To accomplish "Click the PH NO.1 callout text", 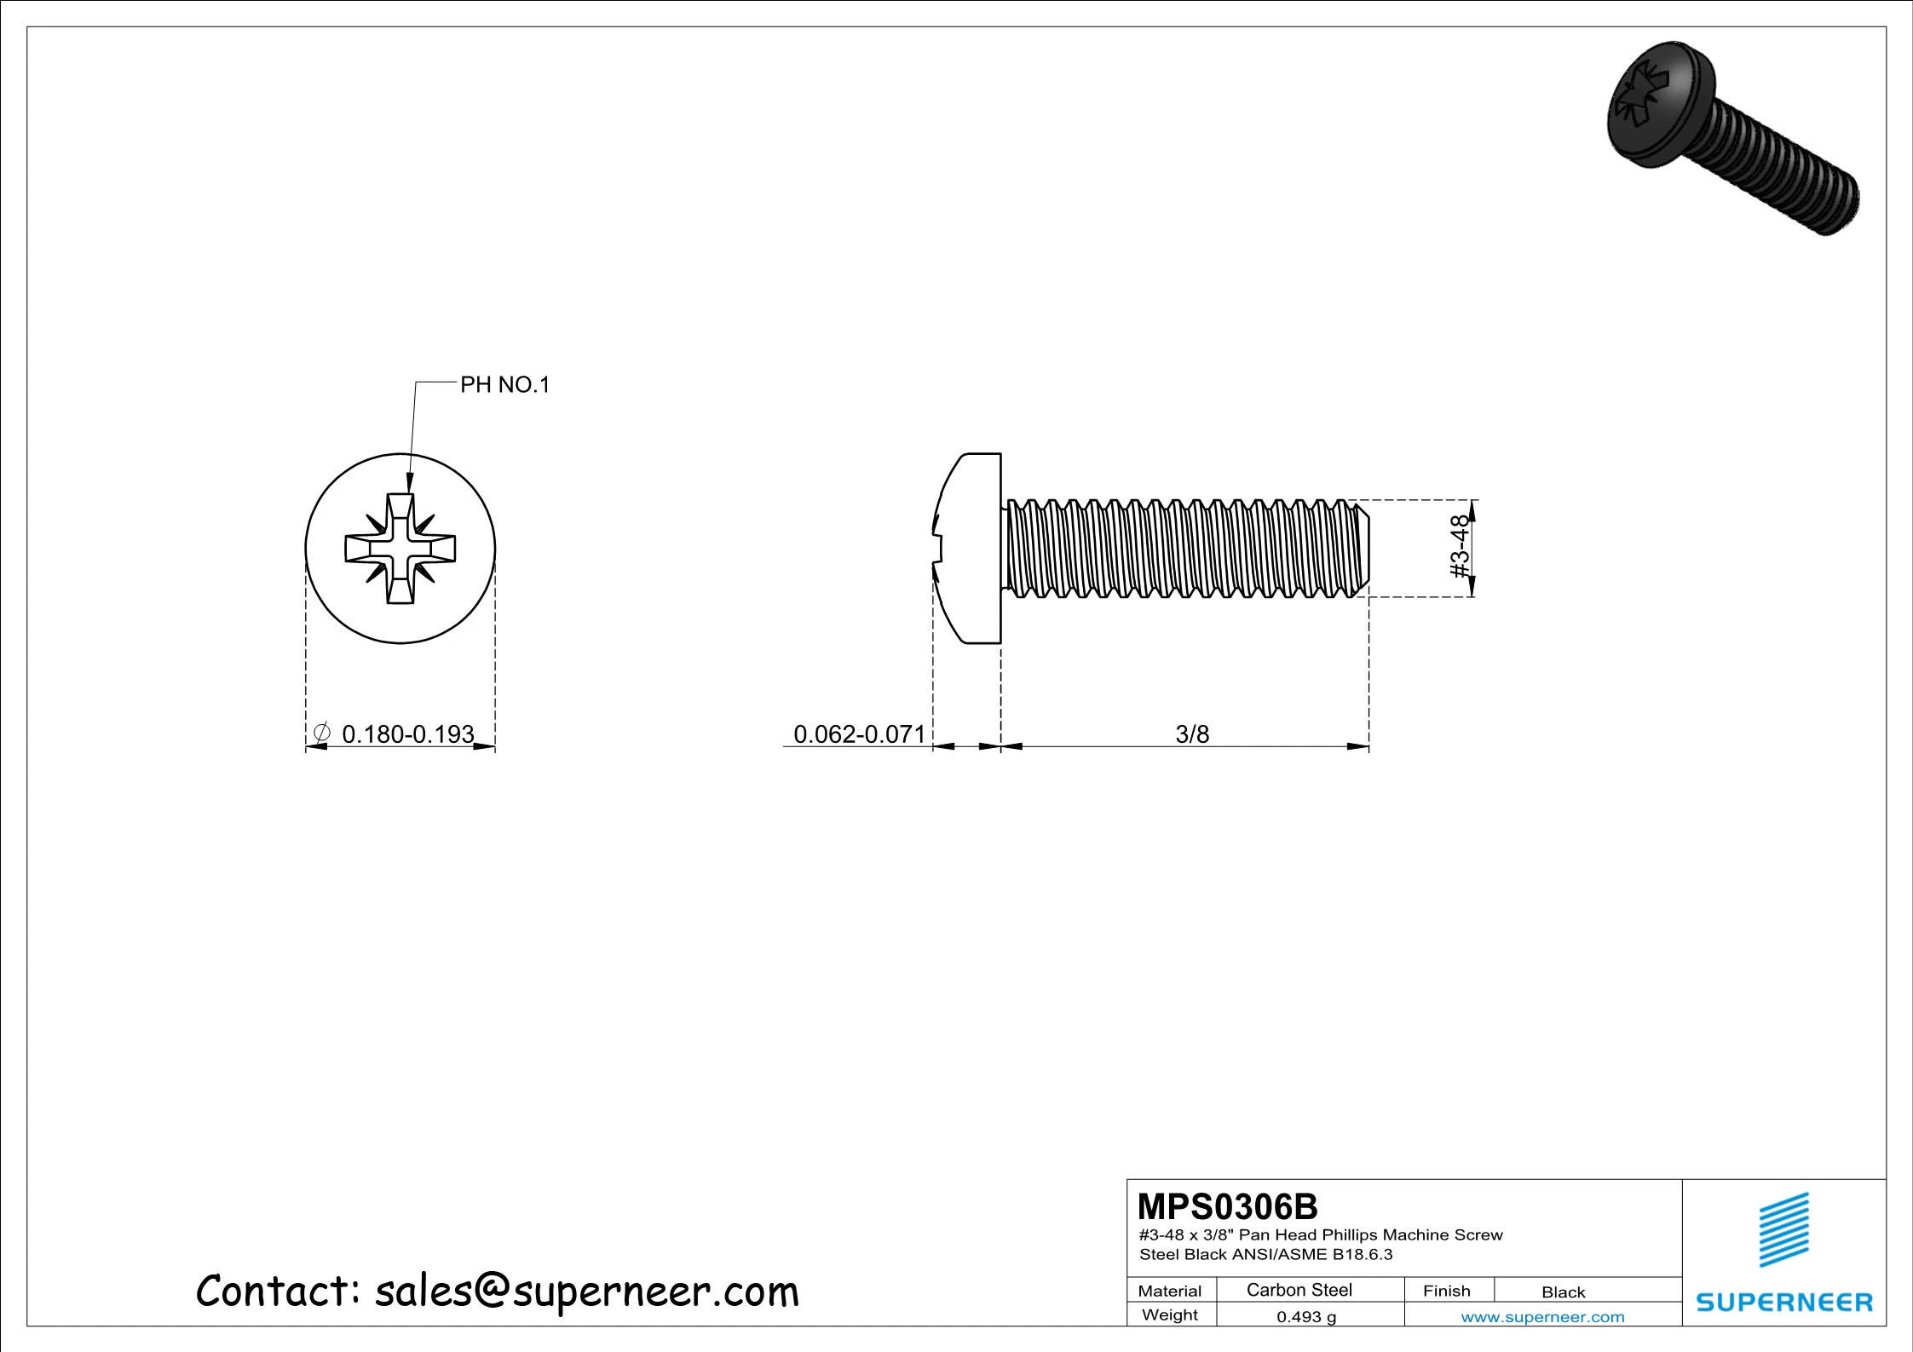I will (504, 385).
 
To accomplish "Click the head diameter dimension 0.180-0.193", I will (407, 734).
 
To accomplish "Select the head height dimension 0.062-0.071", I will (858, 734).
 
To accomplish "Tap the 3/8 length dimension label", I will (1191, 734).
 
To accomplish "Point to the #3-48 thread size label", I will (1460, 546).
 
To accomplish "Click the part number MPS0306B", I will (1227, 1207).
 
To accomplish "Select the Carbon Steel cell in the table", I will (1299, 1290).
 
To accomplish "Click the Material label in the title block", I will (1169, 1291).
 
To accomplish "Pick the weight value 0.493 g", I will (1305, 1316).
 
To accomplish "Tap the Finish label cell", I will (1446, 1291).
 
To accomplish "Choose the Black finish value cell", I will (1563, 1292).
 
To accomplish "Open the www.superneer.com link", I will (1542, 1316).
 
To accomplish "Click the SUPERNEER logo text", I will (1783, 1302).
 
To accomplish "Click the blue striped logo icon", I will (1783, 1229).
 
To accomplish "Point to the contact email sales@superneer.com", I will (586, 1291).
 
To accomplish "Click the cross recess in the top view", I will (400, 549).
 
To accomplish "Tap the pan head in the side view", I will (971, 549).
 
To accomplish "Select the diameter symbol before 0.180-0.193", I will (321, 733).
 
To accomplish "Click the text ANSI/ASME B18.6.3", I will (1312, 1254).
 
